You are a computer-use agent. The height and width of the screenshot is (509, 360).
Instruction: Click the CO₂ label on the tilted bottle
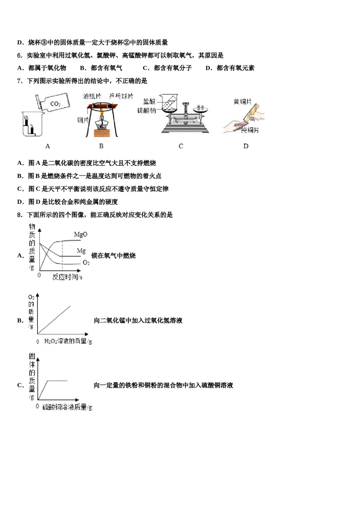(55, 104)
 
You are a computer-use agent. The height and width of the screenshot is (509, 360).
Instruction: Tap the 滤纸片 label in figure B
(92, 96)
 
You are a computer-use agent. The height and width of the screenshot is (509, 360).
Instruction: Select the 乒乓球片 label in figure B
(121, 96)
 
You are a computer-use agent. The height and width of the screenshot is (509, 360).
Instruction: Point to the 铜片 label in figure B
(83, 120)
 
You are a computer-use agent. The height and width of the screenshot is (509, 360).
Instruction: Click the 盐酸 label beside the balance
(149, 101)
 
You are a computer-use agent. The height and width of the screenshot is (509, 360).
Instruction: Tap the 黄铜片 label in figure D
(242, 101)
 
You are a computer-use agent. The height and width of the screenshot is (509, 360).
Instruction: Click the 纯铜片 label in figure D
(250, 130)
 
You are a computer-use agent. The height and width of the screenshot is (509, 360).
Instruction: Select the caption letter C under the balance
(181, 146)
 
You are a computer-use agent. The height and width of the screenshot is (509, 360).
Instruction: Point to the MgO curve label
(80, 234)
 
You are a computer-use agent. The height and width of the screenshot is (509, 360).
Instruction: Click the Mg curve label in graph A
(81, 251)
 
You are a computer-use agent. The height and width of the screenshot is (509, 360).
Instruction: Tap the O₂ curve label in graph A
(86, 262)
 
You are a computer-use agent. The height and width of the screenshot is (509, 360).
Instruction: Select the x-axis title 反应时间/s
(67, 277)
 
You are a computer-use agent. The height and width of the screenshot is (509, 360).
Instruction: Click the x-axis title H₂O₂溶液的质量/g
(68, 341)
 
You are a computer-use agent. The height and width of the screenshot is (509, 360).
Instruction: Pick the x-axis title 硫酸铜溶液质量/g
(67, 407)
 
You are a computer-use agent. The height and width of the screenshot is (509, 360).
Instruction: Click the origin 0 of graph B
(38, 341)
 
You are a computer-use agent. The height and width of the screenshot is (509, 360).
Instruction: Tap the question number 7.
(20, 81)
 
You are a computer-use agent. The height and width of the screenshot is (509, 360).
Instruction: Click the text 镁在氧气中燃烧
(113, 256)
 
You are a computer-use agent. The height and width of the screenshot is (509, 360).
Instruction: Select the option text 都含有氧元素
(235, 68)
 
